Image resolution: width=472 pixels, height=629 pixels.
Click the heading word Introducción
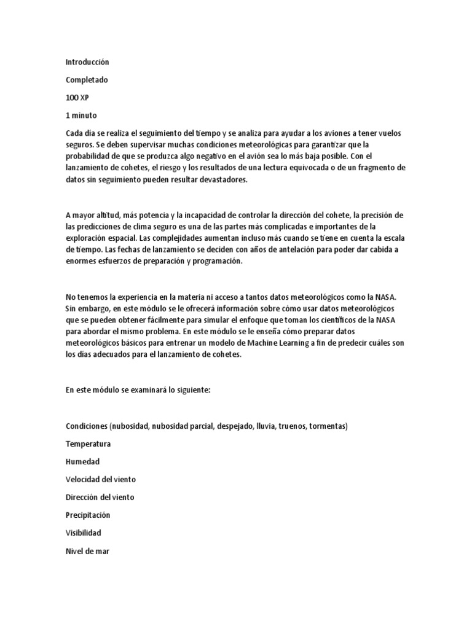(x=87, y=62)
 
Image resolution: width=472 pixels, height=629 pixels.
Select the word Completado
(x=86, y=80)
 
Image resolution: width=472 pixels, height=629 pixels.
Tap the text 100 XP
(x=77, y=98)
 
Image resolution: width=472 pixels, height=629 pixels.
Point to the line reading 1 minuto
(x=81, y=115)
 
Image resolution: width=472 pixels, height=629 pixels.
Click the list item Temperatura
(x=88, y=443)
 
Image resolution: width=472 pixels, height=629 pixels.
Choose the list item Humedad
(x=82, y=461)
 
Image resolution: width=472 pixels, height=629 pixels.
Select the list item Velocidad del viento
(x=100, y=479)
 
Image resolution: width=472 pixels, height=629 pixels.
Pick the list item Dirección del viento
(x=100, y=497)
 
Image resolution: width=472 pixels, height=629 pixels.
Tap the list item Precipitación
(x=88, y=515)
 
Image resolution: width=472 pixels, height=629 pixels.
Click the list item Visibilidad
(x=83, y=533)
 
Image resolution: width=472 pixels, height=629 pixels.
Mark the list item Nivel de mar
(x=87, y=550)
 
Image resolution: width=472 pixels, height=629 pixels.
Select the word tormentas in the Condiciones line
(x=326, y=426)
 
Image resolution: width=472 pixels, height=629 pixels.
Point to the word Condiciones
(x=87, y=426)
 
